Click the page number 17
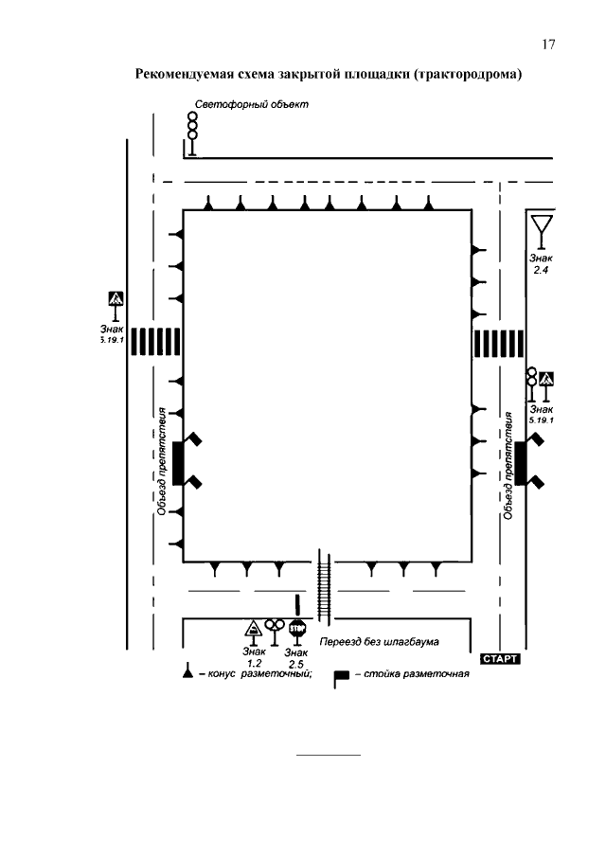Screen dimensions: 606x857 pyautogui.click(x=548, y=45)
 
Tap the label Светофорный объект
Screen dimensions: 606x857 pyautogui.click(x=252, y=104)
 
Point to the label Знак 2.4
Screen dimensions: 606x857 pyautogui.click(x=541, y=264)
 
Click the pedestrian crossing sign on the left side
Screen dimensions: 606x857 pyautogui.click(x=116, y=306)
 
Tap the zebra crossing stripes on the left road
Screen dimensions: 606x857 pyautogui.click(x=155, y=342)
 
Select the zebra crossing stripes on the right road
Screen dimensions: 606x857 pyautogui.click(x=498, y=343)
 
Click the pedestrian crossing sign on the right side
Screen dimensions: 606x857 pyautogui.click(x=546, y=385)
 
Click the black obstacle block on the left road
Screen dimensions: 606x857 pyautogui.click(x=178, y=463)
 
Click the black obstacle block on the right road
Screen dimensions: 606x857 pyautogui.click(x=520, y=463)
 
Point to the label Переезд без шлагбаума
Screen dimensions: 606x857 pyautogui.click(x=380, y=642)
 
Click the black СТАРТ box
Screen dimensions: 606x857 pyautogui.click(x=500, y=658)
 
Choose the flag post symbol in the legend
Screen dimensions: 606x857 pyautogui.click(x=341, y=678)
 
